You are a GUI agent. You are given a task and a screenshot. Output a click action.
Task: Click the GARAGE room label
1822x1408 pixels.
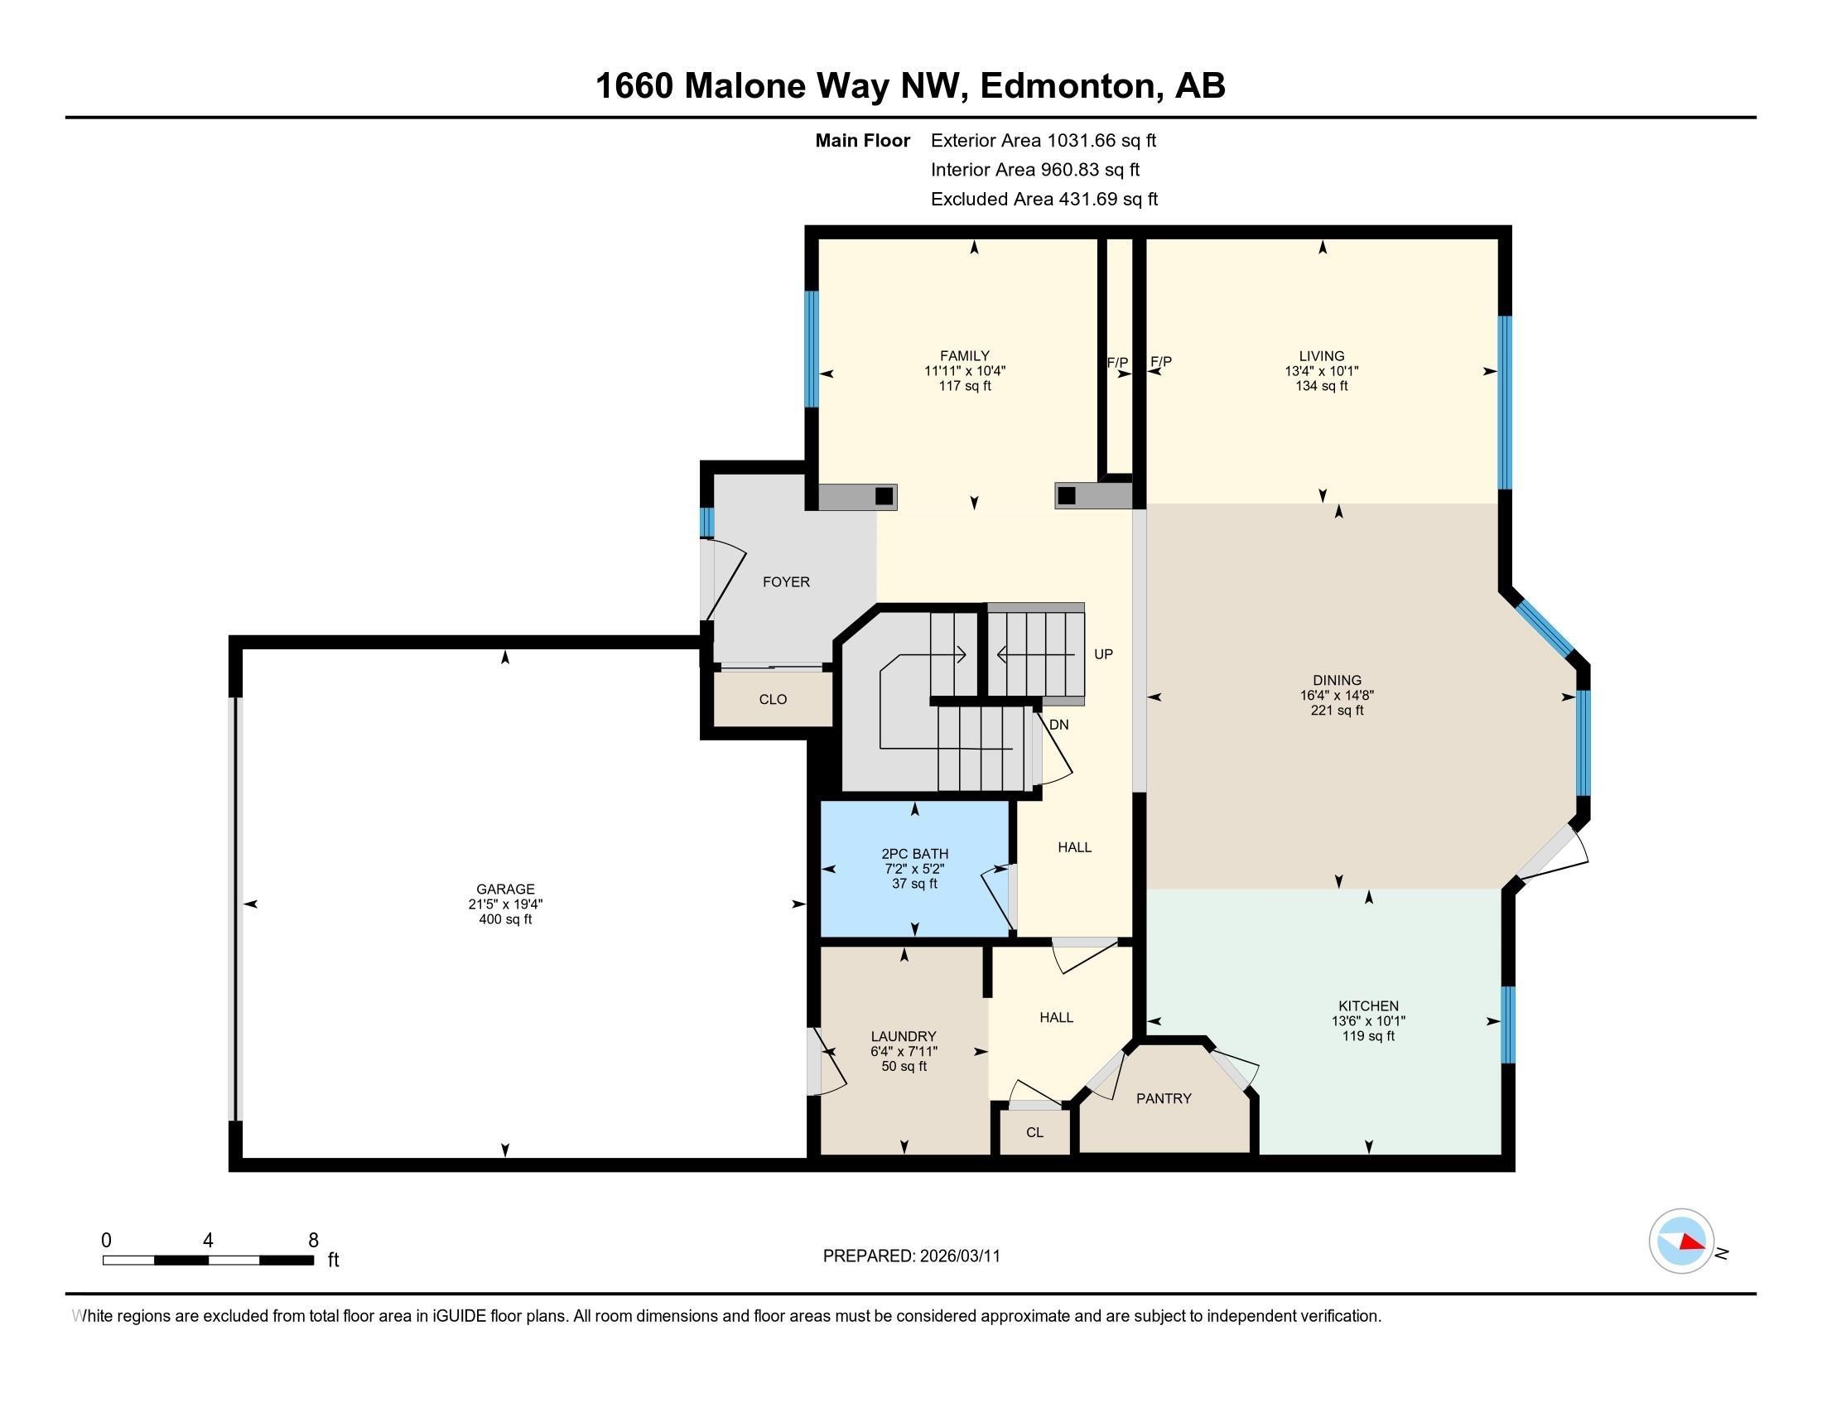tap(504, 890)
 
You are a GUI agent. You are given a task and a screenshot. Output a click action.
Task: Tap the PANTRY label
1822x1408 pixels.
tap(1163, 1098)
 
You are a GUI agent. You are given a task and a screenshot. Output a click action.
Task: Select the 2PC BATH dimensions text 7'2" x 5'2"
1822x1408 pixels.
tap(914, 868)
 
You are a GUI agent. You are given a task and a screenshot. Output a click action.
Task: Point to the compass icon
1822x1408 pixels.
tap(1680, 1242)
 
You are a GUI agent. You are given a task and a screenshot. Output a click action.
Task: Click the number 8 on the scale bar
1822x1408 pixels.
tap(313, 1241)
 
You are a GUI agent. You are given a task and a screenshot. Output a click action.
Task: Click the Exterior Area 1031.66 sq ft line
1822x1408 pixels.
tap(1043, 141)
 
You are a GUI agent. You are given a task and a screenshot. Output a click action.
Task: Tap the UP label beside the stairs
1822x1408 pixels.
tap(1103, 655)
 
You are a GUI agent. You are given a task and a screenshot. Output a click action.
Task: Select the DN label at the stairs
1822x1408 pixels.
tap(1058, 725)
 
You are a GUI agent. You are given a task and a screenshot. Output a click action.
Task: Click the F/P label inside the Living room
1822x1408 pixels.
tap(1160, 362)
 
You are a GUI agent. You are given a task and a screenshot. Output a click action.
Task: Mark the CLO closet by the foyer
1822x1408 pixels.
tap(773, 700)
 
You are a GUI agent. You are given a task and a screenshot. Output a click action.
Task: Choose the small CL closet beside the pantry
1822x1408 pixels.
tap(1034, 1133)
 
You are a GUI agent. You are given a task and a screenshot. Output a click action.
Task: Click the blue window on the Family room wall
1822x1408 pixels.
tap(811, 349)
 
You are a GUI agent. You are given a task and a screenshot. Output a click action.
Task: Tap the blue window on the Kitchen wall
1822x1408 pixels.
tap(1507, 1025)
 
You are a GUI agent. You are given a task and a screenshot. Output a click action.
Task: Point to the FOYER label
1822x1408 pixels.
tap(786, 582)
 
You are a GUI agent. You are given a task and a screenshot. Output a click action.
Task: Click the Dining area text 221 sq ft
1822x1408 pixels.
tap(1337, 711)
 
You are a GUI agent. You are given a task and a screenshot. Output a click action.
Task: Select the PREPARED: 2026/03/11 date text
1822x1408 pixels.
tap(911, 1256)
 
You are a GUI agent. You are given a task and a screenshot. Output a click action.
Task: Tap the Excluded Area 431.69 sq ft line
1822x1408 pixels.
tap(1044, 200)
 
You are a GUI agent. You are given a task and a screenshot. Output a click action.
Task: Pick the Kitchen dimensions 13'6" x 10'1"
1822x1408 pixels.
tap(1368, 1021)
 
